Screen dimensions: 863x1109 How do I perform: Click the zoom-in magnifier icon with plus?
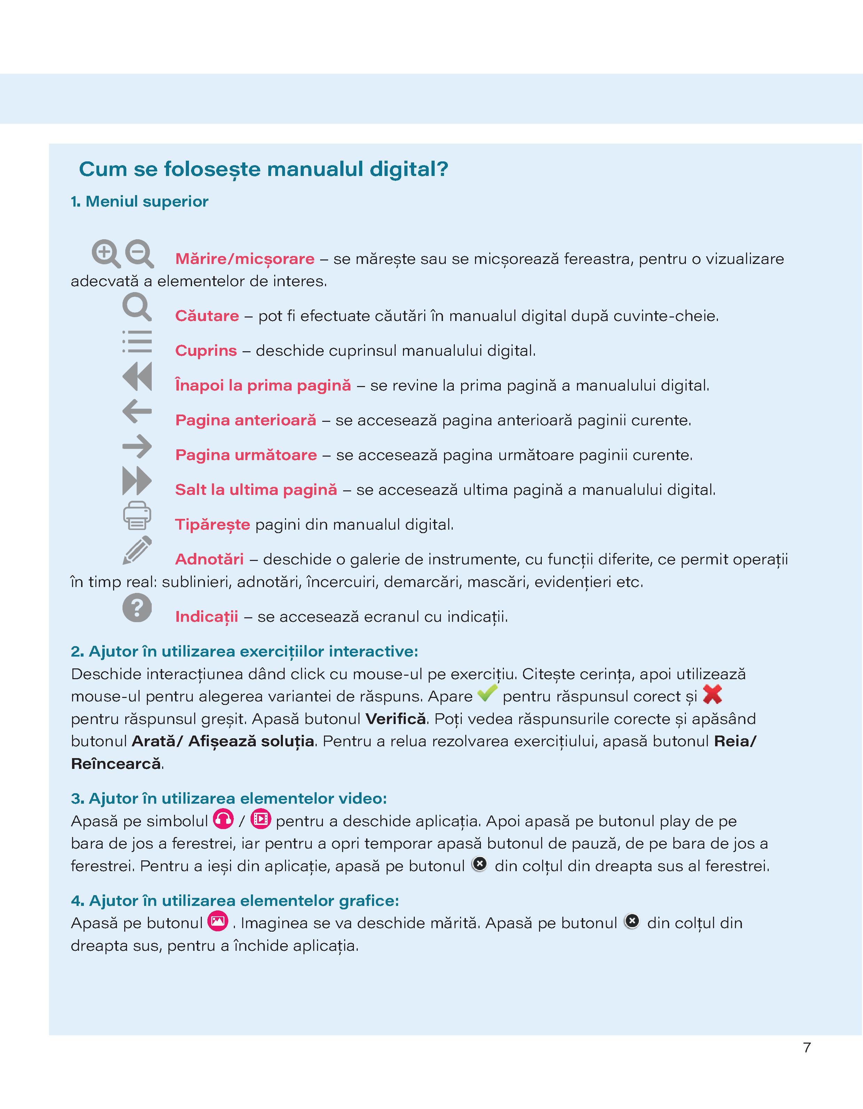(106, 253)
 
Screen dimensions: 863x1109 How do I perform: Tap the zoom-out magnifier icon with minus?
(139, 253)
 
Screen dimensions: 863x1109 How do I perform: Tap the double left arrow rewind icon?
(137, 376)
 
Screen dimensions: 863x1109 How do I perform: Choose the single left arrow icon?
(137, 411)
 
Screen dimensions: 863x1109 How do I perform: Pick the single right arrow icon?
(137, 446)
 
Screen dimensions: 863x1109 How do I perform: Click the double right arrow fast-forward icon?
(137, 481)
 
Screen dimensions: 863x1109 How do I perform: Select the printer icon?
(137, 515)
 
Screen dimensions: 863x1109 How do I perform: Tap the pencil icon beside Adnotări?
(137, 550)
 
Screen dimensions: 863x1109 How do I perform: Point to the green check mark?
(487, 693)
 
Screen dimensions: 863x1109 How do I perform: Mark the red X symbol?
(712, 694)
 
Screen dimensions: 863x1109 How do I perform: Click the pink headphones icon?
(223, 819)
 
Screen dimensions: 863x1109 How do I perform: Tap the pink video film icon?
(261, 819)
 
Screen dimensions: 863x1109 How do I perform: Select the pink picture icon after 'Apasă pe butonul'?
(218, 921)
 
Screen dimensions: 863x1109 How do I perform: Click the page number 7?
(807, 1047)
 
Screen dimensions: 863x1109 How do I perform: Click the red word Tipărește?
(213, 524)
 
